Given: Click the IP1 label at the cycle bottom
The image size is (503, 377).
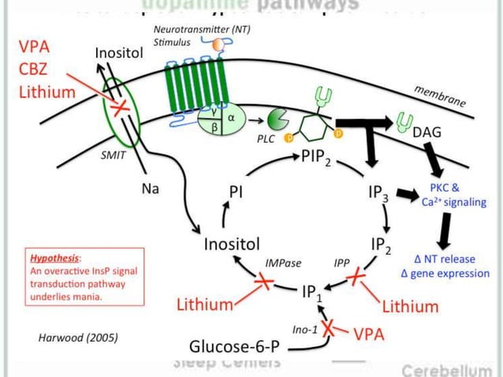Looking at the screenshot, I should pyautogui.click(x=312, y=293).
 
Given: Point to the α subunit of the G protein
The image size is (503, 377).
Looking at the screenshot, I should pyautogui.click(x=231, y=118).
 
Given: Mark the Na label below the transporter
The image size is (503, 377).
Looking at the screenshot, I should pyautogui.click(x=151, y=189).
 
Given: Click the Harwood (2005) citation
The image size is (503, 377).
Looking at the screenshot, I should pyautogui.click(x=78, y=338).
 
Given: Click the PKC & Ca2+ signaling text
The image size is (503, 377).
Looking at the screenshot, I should pyautogui.click(x=451, y=194).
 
